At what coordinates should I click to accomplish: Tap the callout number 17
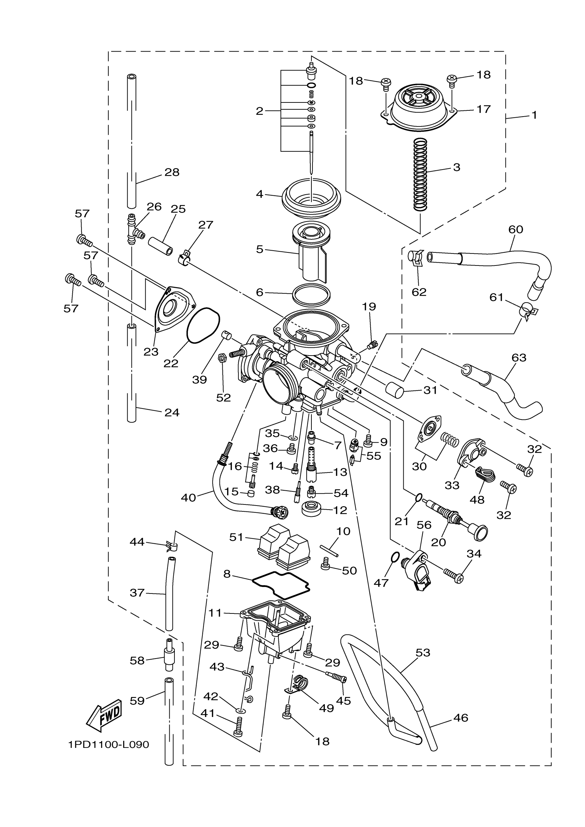pos(483,109)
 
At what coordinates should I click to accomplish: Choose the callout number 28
pos(172,172)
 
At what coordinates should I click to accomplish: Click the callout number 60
pos(515,229)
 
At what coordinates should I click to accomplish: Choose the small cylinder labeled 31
pos(394,390)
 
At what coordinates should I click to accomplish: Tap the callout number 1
pos(534,115)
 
